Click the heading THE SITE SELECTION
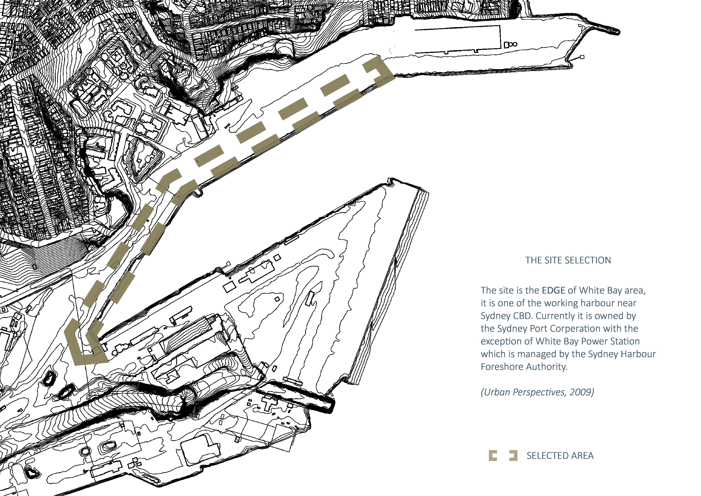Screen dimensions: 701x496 pyautogui.click(x=568, y=260)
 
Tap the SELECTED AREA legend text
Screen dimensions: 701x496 pyautogui.click(x=560, y=456)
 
